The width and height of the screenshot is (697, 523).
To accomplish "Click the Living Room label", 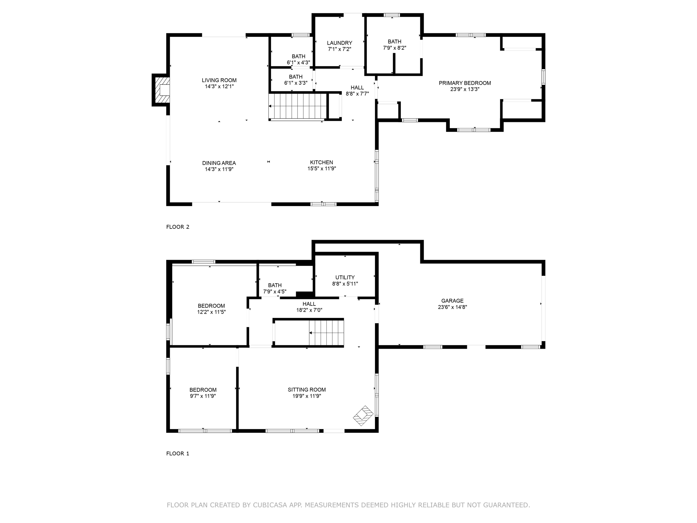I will (x=219, y=80).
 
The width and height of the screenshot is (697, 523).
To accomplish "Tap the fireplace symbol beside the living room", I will (x=162, y=90).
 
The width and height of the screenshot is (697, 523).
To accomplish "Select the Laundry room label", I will (x=339, y=43).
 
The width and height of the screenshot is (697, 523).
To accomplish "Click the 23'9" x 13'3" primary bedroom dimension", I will (x=465, y=90).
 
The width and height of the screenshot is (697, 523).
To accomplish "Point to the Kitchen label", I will (x=321, y=162).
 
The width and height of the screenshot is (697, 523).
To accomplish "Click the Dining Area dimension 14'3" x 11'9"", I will (x=219, y=169).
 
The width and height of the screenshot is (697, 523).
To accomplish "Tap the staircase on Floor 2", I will (x=297, y=106).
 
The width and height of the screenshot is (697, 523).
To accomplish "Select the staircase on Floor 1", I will (x=326, y=333).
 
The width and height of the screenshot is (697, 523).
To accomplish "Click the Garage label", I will (x=452, y=301).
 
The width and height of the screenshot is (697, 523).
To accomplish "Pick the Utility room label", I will (x=345, y=278).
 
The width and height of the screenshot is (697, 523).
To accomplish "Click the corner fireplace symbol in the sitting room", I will (x=363, y=415).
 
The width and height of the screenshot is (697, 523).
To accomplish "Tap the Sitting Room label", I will (x=307, y=390).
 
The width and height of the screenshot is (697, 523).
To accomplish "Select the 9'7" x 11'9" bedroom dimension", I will (x=203, y=396).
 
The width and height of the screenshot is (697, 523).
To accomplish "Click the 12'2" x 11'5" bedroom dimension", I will (x=211, y=312).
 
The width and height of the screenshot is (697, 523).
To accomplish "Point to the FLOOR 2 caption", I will (x=178, y=227).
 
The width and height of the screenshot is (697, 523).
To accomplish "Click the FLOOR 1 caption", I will (x=178, y=454).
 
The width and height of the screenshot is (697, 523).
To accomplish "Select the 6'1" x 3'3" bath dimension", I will (x=296, y=83).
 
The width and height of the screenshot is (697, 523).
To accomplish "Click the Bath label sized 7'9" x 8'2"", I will (x=394, y=42).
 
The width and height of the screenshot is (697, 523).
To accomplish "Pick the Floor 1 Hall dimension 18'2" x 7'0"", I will (x=309, y=310).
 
